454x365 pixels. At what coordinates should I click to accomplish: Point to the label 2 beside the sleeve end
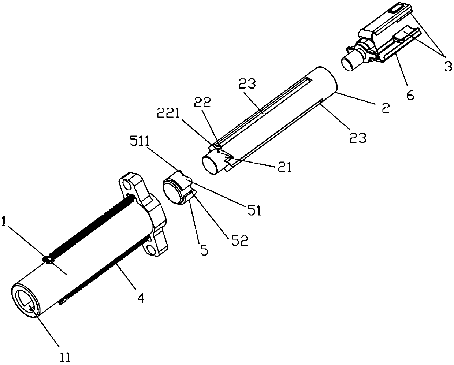pos(385,108)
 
